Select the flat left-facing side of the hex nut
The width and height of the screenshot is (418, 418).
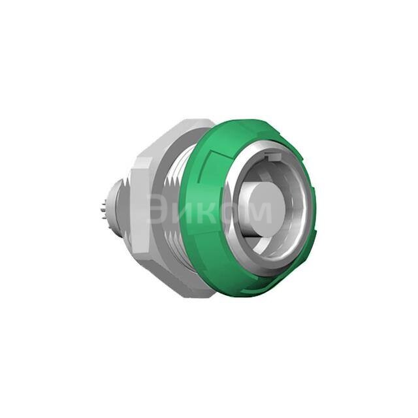(x=139, y=209)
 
